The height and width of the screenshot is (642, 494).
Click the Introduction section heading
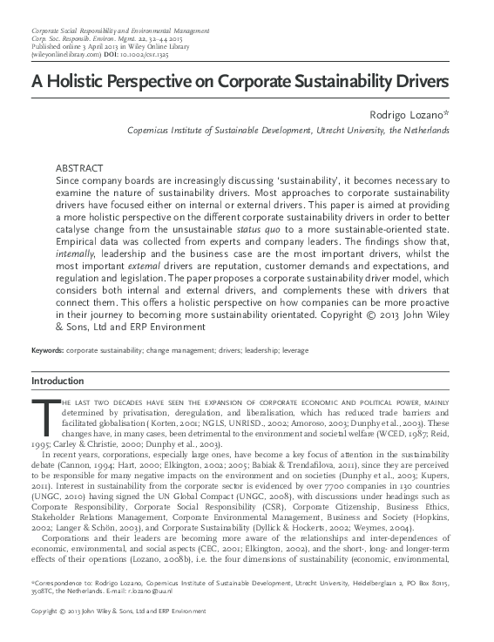[x=58, y=382]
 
